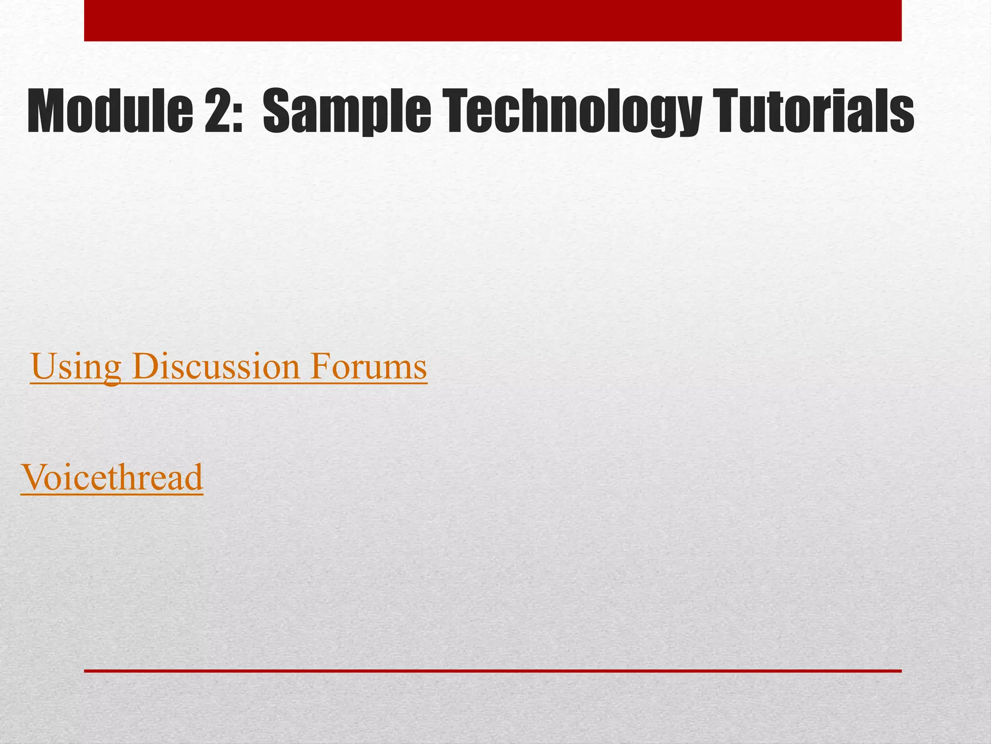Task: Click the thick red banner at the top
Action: (x=493, y=20)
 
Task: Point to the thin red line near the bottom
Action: (x=493, y=671)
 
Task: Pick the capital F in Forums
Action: (x=320, y=367)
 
